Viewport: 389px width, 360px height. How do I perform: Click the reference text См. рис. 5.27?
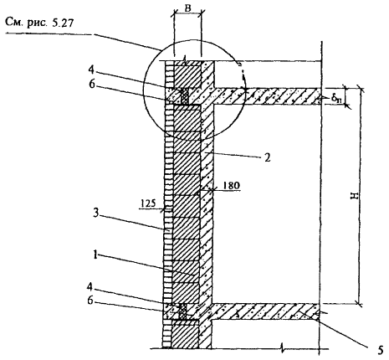[39, 23]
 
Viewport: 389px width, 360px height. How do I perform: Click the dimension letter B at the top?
[188, 8]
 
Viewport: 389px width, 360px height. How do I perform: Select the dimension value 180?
[231, 185]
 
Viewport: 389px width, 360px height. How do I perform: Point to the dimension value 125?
[148, 203]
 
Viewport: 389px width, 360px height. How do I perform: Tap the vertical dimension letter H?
[354, 196]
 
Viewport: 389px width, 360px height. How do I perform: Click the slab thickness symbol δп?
[336, 98]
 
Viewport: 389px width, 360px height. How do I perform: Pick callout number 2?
[267, 158]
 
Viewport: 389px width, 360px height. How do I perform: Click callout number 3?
[95, 213]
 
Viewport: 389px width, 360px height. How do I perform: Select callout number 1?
[95, 255]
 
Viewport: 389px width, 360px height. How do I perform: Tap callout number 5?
[381, 351]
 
